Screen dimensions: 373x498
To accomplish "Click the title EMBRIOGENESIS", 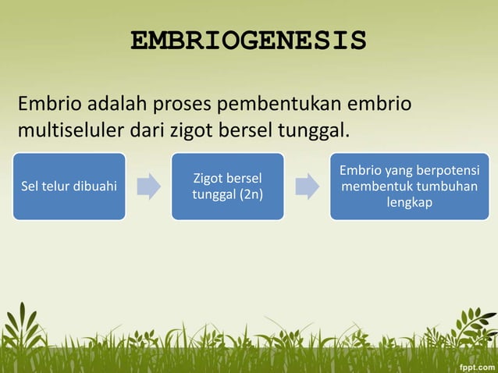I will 248,41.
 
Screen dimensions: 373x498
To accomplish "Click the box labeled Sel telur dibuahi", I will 69,186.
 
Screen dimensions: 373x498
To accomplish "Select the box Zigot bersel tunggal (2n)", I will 227,186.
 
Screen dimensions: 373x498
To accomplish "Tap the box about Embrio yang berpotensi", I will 409,186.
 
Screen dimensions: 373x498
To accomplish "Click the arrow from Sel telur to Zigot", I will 148,186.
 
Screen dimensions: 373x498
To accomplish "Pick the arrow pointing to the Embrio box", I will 306,186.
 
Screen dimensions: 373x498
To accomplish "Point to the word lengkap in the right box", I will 409,202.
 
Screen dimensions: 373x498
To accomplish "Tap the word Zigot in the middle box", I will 209,179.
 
